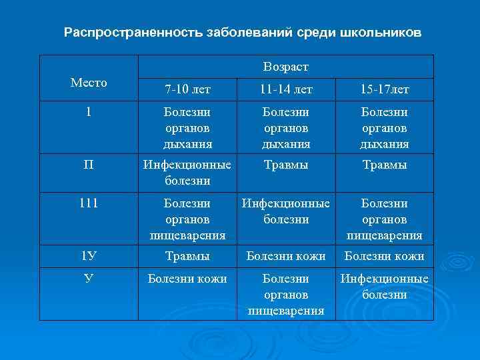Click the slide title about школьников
point(243,33)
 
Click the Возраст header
point(286,67)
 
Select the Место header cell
point(89,83)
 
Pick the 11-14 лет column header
point(285,89)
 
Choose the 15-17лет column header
point(384,89)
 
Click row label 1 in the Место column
point(89,112)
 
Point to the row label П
point(89,165)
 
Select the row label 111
point(89,203)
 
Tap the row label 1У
point(89,256)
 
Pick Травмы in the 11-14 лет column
point(285,165)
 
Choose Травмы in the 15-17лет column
point(384,165)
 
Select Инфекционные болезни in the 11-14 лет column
point(285,211)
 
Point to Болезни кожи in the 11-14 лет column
point(285,256)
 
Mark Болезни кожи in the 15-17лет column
point(384,256)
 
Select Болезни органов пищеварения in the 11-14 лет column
point(285,294)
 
